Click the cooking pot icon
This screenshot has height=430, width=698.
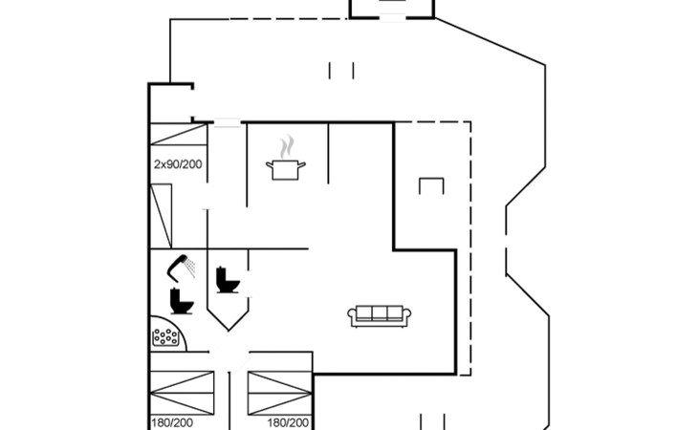pyautogui.click(x=286, y=170)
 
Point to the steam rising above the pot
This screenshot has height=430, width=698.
pyautogui.click(x=288, y=146)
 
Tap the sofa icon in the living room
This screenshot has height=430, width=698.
pyautogui.click(x=380, y=316)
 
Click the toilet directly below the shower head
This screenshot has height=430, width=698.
pyautogui.click(x=182, y=301)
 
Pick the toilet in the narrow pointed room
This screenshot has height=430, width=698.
pyautogui.click(x=228, y=280)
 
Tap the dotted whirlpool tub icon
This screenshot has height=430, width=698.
pyautogui.click(x=165, y=337)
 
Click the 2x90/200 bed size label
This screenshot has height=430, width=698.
pyautogui.click(x=178, y=164)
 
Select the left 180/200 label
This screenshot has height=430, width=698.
pyautogui.click(x=172, y=423)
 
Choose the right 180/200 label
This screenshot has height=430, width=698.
pyautogui.click(x=288, y=423)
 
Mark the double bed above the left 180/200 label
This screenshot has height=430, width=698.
pyautogui.click(x=182, y=393)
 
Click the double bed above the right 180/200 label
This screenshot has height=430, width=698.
pyautogui.click(x=279, y=393)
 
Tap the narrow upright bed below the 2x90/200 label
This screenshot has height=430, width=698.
pyautogui.click(x=162, y=216)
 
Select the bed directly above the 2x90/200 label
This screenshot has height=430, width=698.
pyautogui.click(x=179, y=135)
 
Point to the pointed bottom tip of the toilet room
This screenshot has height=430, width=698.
pyautogui.click(x=229, y=331)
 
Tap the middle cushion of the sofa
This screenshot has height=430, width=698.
pyautogui.click(x=380, y=313)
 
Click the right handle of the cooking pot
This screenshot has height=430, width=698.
pyautogui.click(x=301, y=165)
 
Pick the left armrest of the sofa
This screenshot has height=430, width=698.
pyautogui.click(x=352, y=315)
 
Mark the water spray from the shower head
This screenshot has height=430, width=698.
pyautogui.click(x=190, y=267)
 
